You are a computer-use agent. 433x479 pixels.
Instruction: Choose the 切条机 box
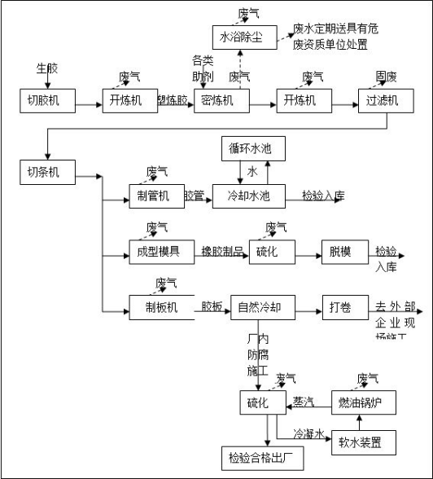point(46,172)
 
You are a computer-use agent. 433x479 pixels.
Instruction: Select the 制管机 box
point(153,196)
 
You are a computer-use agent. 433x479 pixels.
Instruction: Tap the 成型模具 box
point(153,252)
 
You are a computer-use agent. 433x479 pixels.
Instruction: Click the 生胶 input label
point(47,68)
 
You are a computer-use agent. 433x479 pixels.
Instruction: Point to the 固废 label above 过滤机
point(386,77)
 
